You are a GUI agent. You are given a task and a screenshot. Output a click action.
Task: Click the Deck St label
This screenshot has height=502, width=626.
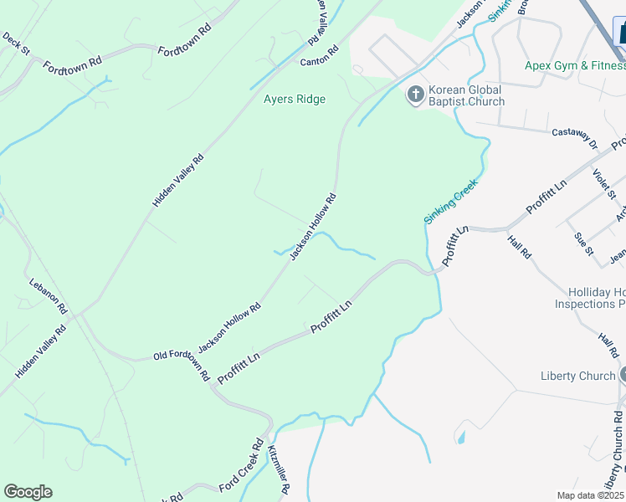click(16, 44)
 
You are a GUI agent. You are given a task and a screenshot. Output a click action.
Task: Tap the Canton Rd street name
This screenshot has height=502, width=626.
click(319, 56)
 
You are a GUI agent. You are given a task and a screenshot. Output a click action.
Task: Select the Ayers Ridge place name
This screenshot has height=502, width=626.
click(295, 99)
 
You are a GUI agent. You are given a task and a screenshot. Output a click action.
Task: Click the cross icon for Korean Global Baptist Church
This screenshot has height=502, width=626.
click(415, 95)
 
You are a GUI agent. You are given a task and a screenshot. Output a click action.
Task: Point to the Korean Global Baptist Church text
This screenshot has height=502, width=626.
click(466, 95)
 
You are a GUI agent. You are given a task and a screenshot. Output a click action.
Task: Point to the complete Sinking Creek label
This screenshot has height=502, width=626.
click(450, 201)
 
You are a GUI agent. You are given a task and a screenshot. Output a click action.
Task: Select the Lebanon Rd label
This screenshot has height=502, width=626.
click(48, 295)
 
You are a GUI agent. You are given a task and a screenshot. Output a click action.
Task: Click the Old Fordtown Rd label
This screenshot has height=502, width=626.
click(181, 361)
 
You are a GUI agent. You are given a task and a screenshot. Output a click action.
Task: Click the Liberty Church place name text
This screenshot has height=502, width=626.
click(577, 376)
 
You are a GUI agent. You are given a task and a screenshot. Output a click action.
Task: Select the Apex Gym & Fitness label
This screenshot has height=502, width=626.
click(574, 65)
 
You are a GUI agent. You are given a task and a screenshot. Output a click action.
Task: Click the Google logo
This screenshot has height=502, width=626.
click(28, 492)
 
